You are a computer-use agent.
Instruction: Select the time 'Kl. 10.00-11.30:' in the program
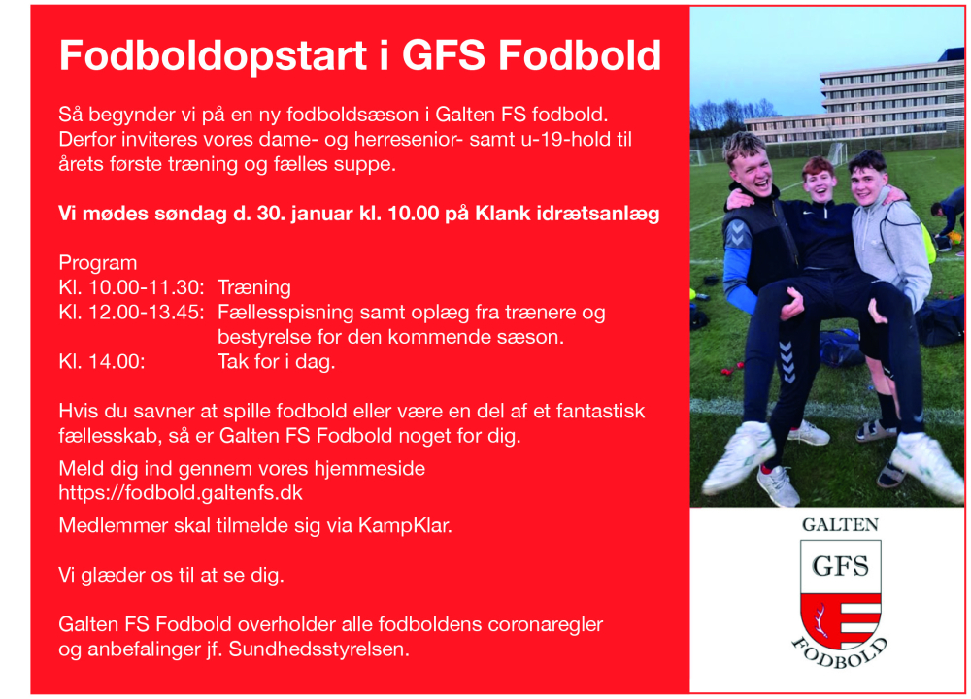(x=132, y=287)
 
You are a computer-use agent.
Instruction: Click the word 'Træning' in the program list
(x=254, y=287)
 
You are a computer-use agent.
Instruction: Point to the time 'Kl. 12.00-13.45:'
(x=132, y=313)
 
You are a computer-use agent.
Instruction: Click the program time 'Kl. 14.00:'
(x=102, y=362)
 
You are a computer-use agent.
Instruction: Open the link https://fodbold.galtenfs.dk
(x=187, y=493)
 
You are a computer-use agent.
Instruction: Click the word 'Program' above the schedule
(x=98, y=263)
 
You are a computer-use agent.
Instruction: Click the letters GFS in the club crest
(x=840, y=564)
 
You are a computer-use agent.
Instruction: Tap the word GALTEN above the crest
(x=840, y=524)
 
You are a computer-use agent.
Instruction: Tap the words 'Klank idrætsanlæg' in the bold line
(x=567, y=214)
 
